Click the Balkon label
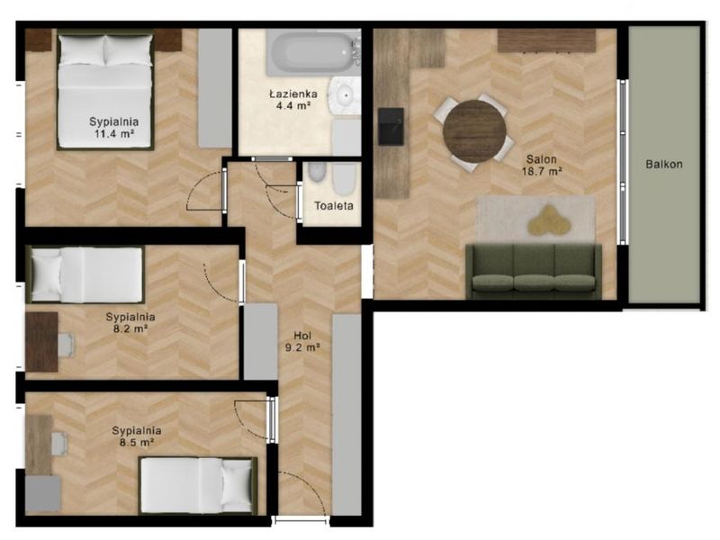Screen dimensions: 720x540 (x=664, y=164)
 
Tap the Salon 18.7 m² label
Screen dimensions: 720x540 (x=542, y=166)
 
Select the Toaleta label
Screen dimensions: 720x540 (x=334, y=206)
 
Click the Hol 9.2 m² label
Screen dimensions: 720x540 (x=302, y=342)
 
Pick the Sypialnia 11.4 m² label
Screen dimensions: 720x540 (x=114, y=128)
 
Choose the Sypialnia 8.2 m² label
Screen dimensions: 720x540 (x=130, y=322)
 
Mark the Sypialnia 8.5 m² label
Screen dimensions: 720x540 (x=137, y=436)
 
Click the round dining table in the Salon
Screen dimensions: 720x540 (x=475, y=131)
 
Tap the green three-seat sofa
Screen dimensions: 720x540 (x=534, y=272)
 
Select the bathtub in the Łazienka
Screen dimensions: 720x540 (x=312, y=52)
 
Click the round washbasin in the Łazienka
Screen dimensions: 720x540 (x=344, y=95)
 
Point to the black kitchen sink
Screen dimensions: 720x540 (x=391, y=126)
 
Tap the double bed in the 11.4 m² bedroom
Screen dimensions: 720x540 (x=105, y=89)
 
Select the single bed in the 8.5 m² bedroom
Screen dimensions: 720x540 (x=198, y=485)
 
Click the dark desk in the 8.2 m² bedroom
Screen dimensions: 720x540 (x=41, y=342)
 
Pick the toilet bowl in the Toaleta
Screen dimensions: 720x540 (x=344, y=179)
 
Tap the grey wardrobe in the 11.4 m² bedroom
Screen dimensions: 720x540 (x=215, y=88)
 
